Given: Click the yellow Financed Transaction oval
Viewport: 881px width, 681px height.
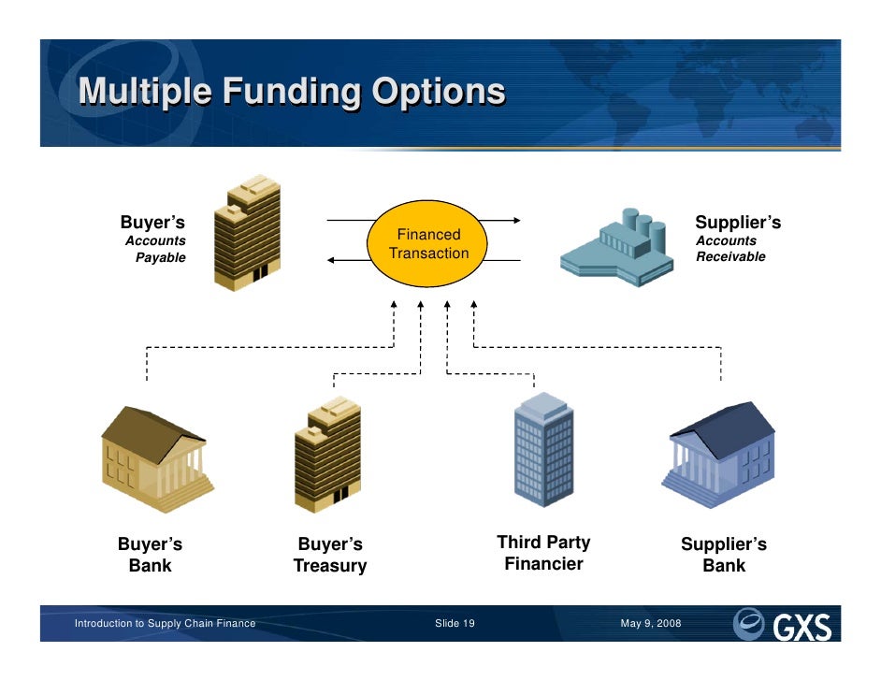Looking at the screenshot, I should click(428, 244).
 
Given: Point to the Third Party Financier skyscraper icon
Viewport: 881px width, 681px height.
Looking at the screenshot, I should click(544, 451).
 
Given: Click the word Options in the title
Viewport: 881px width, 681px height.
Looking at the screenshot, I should click(439, 92).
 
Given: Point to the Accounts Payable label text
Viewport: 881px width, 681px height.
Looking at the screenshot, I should click(156, 249).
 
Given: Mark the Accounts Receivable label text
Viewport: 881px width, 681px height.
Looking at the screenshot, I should click(729, 249).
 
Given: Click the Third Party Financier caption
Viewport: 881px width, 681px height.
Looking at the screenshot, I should click(543, 553).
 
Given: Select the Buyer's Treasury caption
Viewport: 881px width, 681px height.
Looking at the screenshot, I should click(330, 555).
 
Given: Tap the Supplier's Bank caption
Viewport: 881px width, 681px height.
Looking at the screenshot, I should click(724, 555).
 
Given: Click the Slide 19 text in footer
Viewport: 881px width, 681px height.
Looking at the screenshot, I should click(455, 624).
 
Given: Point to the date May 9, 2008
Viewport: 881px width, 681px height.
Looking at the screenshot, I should click(651, 624).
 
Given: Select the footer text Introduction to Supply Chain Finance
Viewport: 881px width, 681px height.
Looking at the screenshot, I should click(166, 624).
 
